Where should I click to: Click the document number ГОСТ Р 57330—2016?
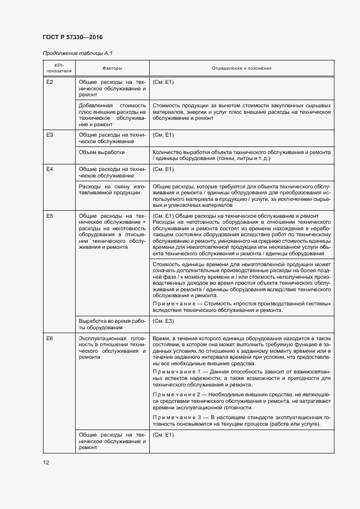(72, 37)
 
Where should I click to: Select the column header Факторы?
(112, 69)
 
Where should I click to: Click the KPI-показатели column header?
(59, 69)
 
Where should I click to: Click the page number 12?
(46, 463)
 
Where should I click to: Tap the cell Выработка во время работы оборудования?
(112, 324)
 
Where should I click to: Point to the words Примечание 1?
(177, 371)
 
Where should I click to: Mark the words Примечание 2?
(177, 394)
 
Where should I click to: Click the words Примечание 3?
(177, 416)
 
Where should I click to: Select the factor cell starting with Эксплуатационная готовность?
(112, 348)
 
